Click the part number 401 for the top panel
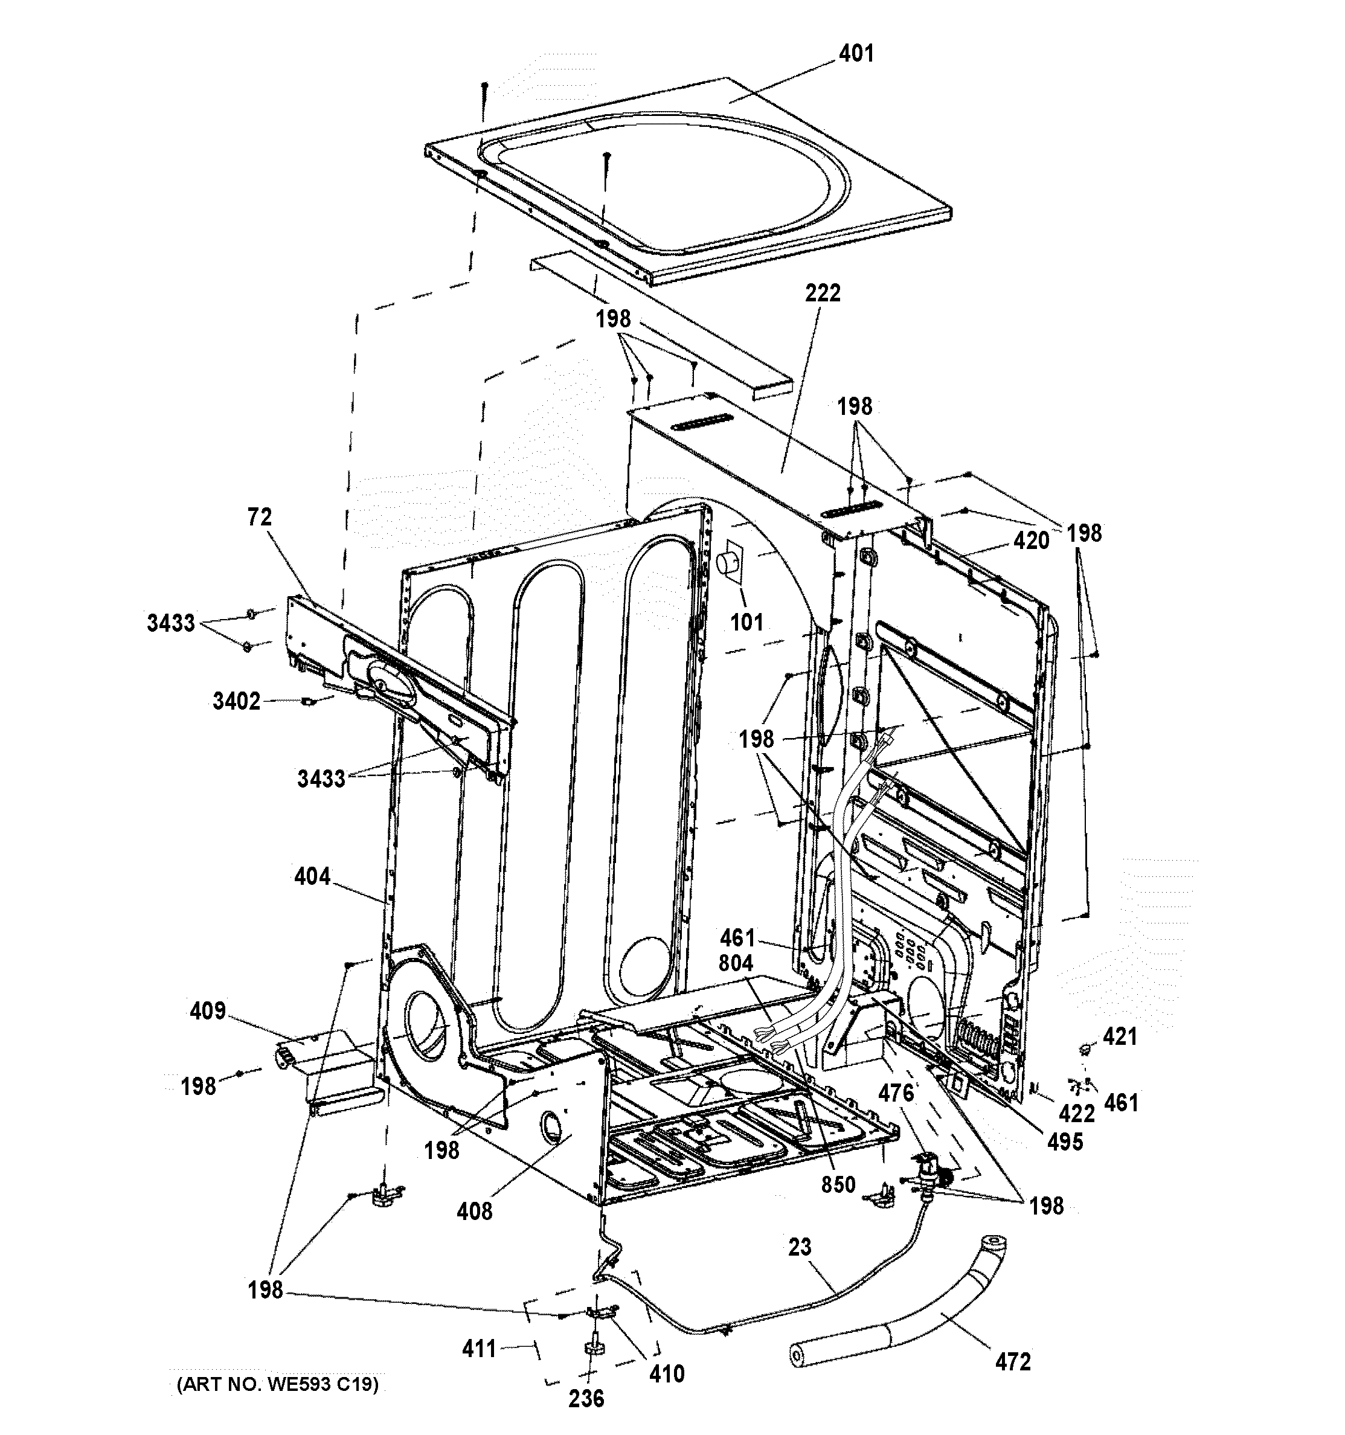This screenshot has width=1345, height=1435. click(x=856, y=53)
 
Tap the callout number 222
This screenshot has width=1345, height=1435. click(x=823, y=293)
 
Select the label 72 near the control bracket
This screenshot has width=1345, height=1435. click(x=260, y=517)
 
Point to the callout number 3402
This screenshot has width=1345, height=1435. click(x=236, y=701)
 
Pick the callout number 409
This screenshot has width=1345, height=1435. click(x=208, y=1010)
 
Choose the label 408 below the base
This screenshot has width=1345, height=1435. click(x=474, y=1211)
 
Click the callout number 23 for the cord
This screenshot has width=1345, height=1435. click(x=800, y=1247)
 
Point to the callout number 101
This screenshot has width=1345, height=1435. click(x=746, y=621)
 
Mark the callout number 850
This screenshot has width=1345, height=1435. click(x=838, y=1184)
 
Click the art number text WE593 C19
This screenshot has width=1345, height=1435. click(x=277, y=1384)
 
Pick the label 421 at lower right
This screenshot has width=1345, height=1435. click(x=1120, y=1036)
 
